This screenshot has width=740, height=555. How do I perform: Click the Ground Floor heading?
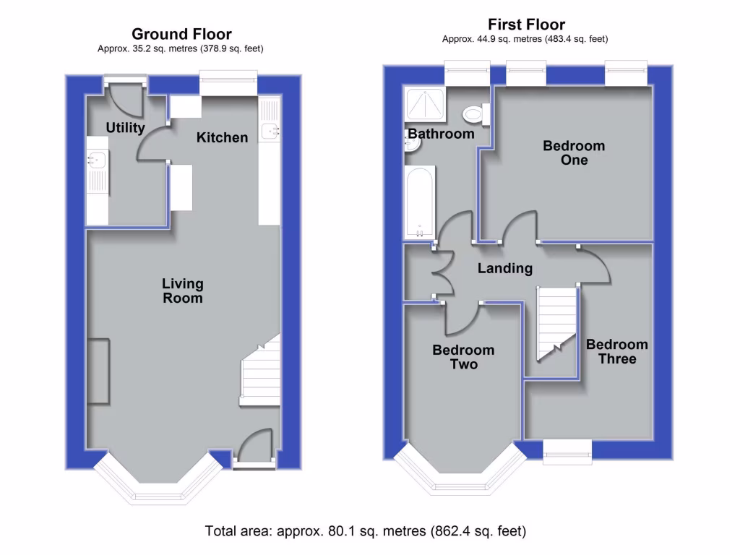click(x=181, y=34)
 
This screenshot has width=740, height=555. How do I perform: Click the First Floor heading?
click(x=525, y=25)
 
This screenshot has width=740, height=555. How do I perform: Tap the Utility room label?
click(x=125, y=128)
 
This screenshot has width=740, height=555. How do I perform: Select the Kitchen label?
click(x=222, y=137)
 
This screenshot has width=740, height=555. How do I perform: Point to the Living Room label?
click(x=182, y=291)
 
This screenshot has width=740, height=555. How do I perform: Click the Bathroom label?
click(x=441, y=134)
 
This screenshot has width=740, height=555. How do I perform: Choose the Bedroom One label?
click(x=574, y=152)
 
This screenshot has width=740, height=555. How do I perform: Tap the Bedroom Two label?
click(x=463, y=357)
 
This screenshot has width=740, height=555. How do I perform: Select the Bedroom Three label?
click(x=616, y=352)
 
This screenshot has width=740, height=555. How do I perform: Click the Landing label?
click(x=505, y=268)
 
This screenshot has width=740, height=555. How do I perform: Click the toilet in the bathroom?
click(x=475, y=114)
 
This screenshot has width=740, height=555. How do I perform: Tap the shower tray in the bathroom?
click(x=424, y=103)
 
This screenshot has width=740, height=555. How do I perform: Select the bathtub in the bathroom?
click(x=419, y=202)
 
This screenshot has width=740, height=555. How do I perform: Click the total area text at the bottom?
click(x=366, y=531)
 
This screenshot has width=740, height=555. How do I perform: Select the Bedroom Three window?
click(x=567, y=447)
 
